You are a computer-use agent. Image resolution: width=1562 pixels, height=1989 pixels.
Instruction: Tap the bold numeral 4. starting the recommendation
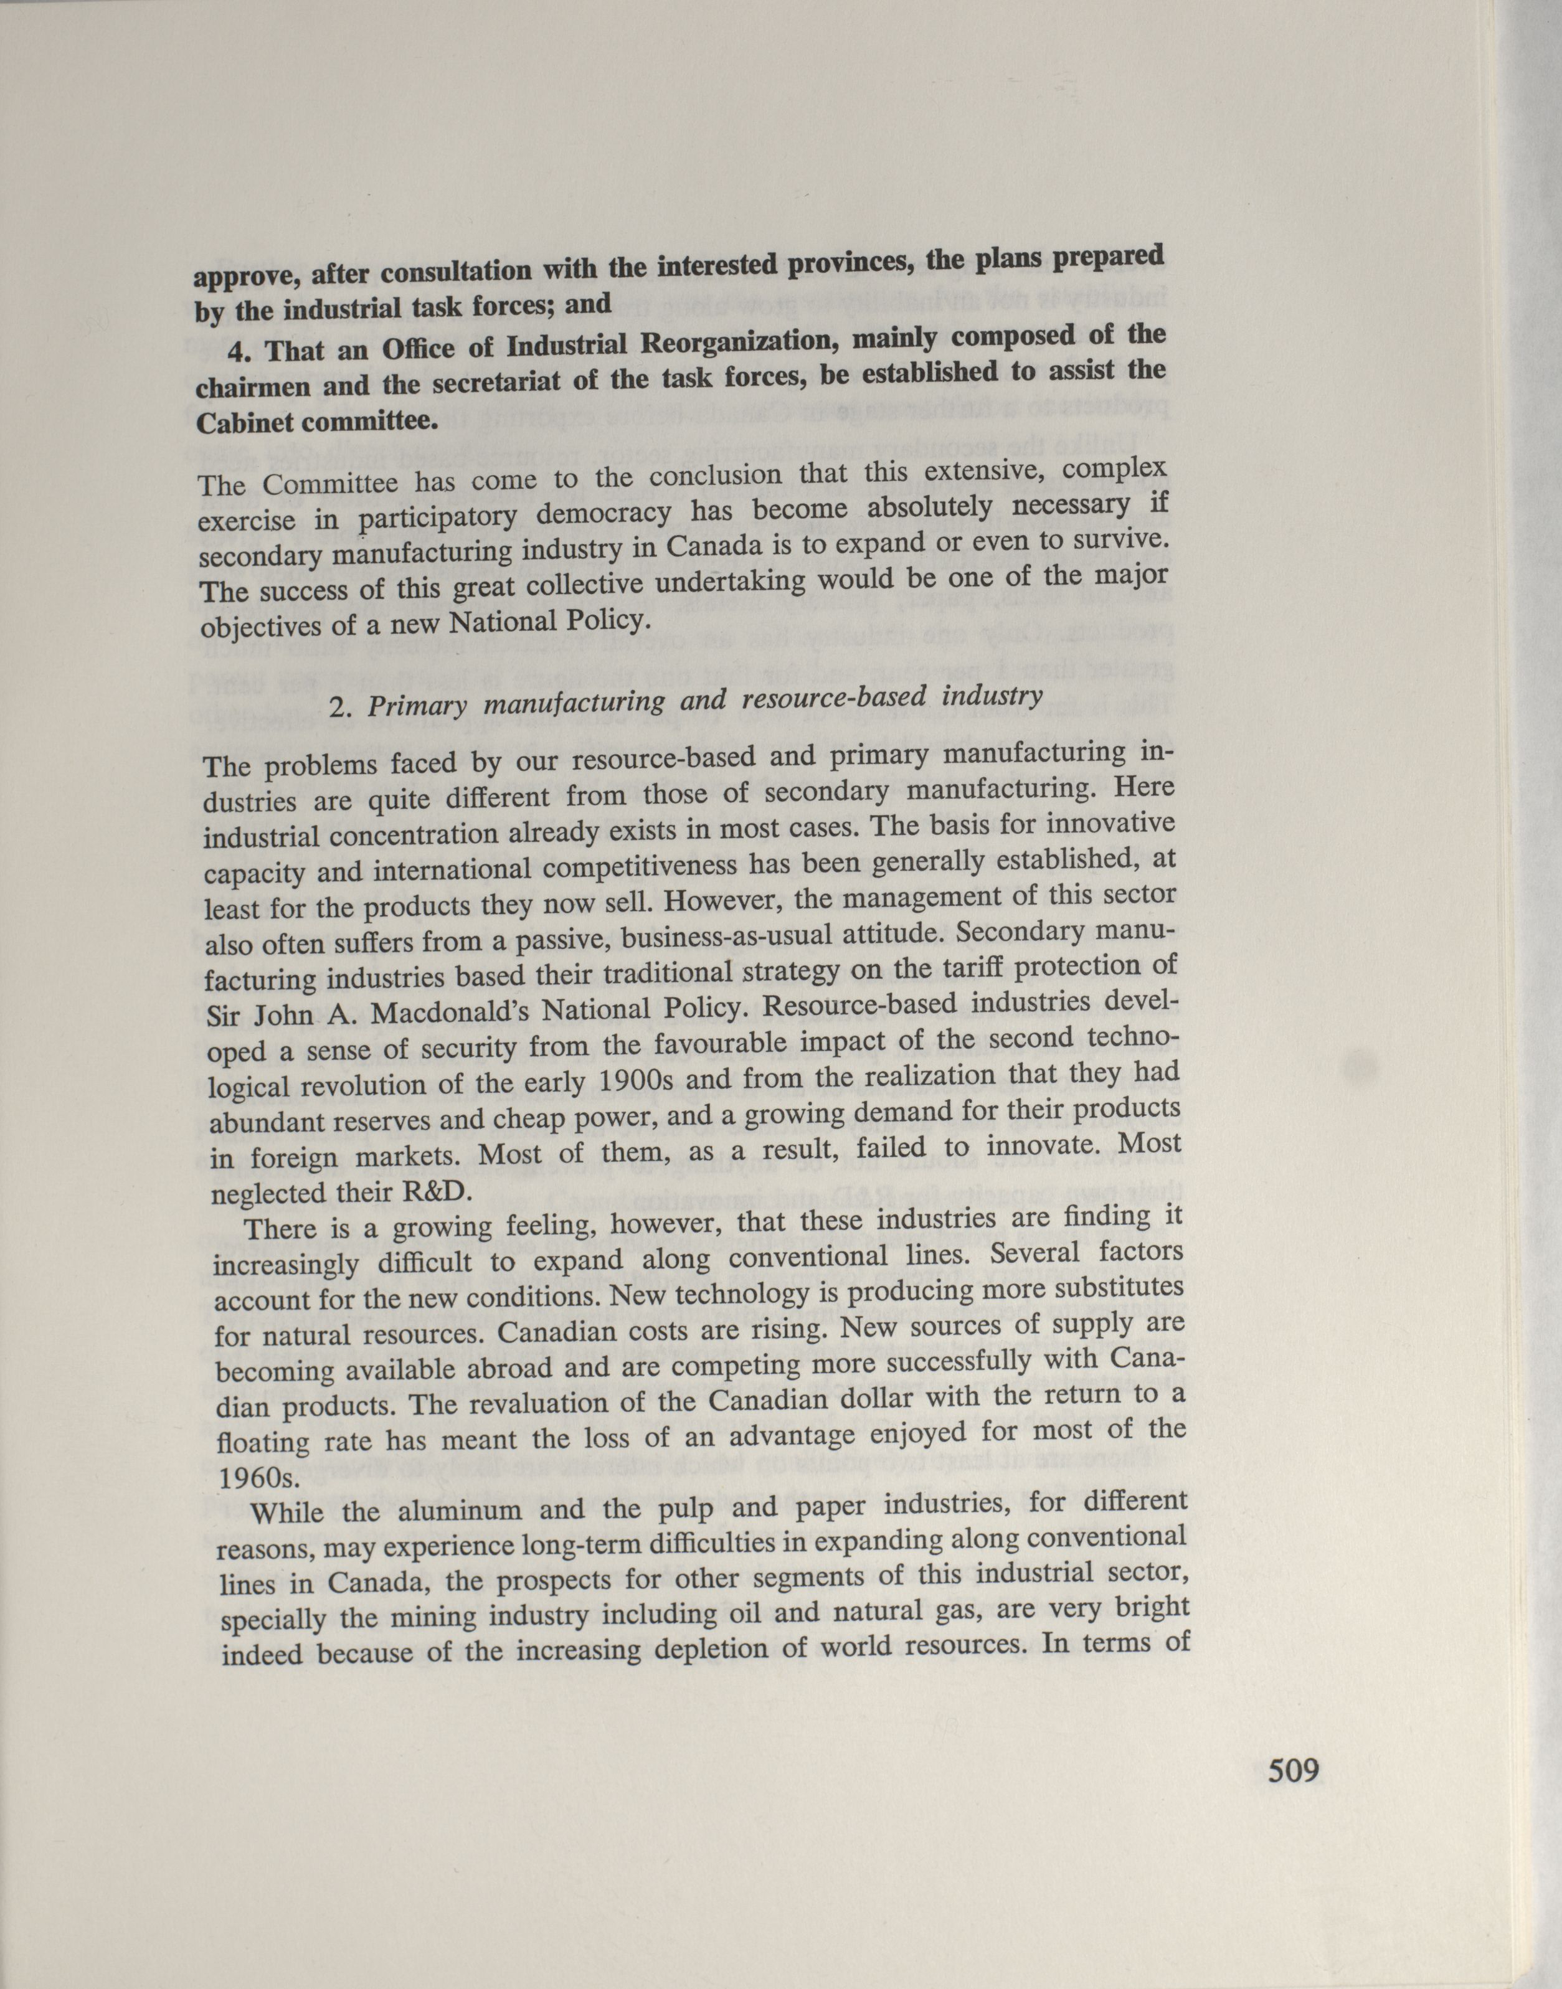242,353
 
